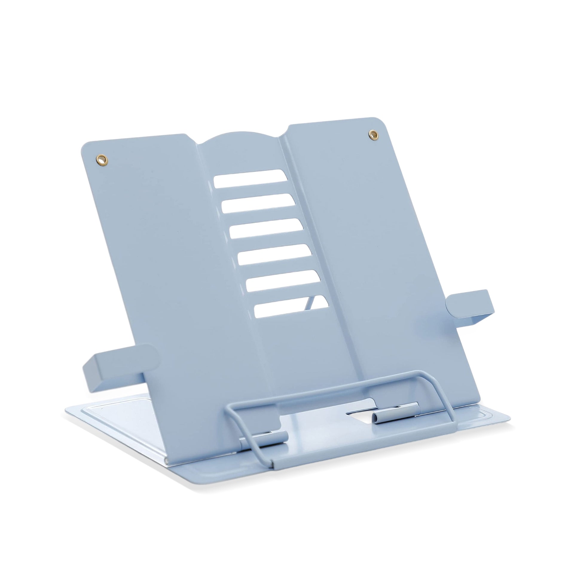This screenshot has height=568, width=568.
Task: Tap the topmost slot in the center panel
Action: click(251, 179)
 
